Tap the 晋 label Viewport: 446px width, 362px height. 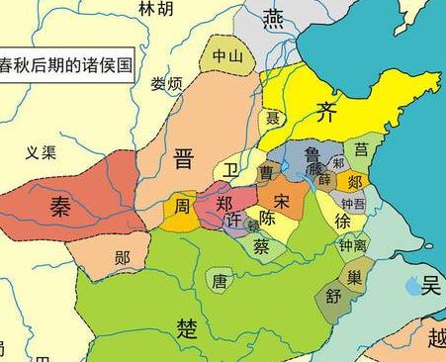pyautogui.click(x=183, y=158)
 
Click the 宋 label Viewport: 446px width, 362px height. pyautogui.click(x=282, y=201)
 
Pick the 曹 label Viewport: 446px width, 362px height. pyautogui.click(x=266, y=172)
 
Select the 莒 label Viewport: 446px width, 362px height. pyautogui.click(x=362, y=149)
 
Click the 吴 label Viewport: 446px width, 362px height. pyautogui.click(x=429, y=285)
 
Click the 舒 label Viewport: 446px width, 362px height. pyautogui.click(x=332, y=296)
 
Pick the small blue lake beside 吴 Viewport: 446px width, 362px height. pyautogui.click(x=411, y=287)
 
